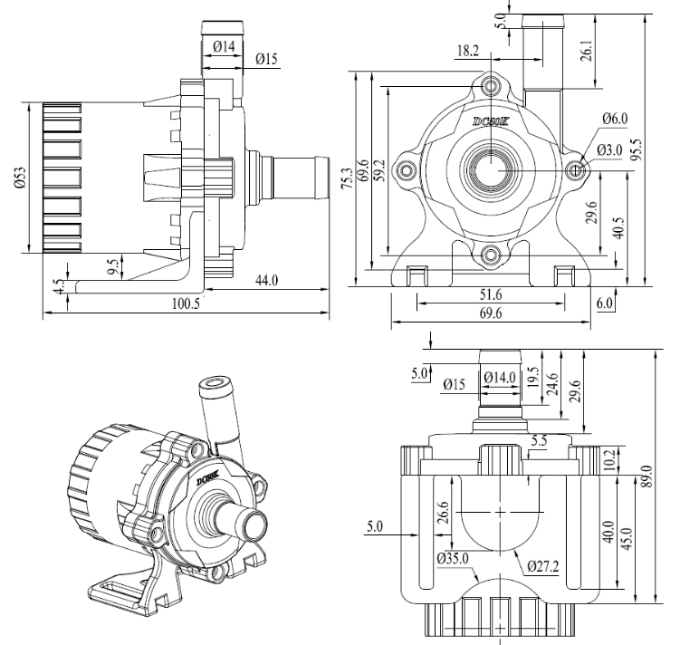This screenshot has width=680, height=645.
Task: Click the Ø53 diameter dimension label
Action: [x=21, y=178]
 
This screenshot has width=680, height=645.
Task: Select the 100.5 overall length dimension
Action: [x=186, y=303]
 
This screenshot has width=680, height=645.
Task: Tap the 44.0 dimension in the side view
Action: [x=266, y=281]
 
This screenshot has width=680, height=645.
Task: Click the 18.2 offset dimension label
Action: [x=468, y=51]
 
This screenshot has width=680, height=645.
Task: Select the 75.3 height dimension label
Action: [x=347, y=178]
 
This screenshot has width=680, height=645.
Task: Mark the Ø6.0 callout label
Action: [x=615, y=119]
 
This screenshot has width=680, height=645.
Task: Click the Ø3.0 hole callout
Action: [x=609, y=150]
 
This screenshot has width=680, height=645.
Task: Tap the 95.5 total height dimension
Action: [x=637, y=149]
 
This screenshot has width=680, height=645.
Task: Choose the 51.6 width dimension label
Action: [x=491, y=295]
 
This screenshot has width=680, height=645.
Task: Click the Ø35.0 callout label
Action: [x=453, y=558]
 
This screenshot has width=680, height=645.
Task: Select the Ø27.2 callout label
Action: [x=543, y=566]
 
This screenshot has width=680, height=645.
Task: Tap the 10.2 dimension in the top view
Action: [x=609, y=460]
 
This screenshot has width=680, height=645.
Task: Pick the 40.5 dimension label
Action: [x=618, y=227]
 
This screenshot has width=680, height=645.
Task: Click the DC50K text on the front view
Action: [x=490, y=122]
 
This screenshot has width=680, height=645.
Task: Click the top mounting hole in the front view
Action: [x=491, y=86]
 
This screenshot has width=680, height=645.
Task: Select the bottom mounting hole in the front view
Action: [x=491, y=255]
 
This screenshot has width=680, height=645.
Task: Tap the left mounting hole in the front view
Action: [x=407, y=169]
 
